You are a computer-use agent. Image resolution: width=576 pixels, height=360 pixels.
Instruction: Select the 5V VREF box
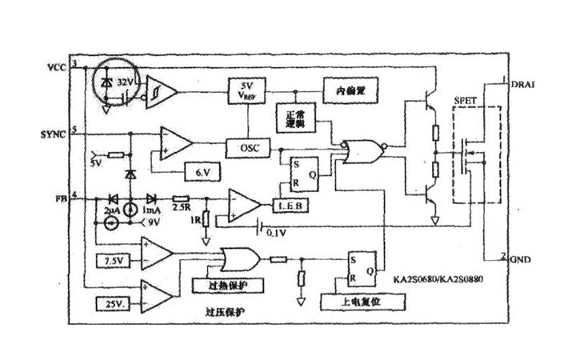246,90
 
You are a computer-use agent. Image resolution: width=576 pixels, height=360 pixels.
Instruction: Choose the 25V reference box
112,304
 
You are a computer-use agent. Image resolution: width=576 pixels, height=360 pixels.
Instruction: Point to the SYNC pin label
57,130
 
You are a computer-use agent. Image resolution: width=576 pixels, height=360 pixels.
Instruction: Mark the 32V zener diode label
125,82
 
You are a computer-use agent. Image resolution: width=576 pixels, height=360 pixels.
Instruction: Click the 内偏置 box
350,90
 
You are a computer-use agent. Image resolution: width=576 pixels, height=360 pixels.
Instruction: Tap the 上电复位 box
362,303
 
